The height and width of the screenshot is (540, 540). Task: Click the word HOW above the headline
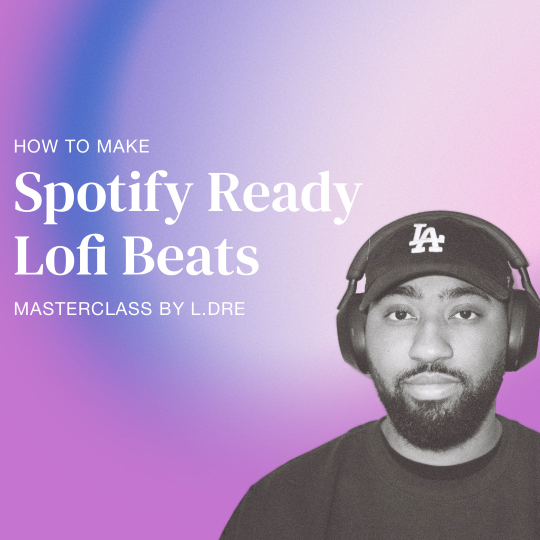32,146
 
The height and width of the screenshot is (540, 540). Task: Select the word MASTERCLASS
82,308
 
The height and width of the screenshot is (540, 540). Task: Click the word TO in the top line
79,146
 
